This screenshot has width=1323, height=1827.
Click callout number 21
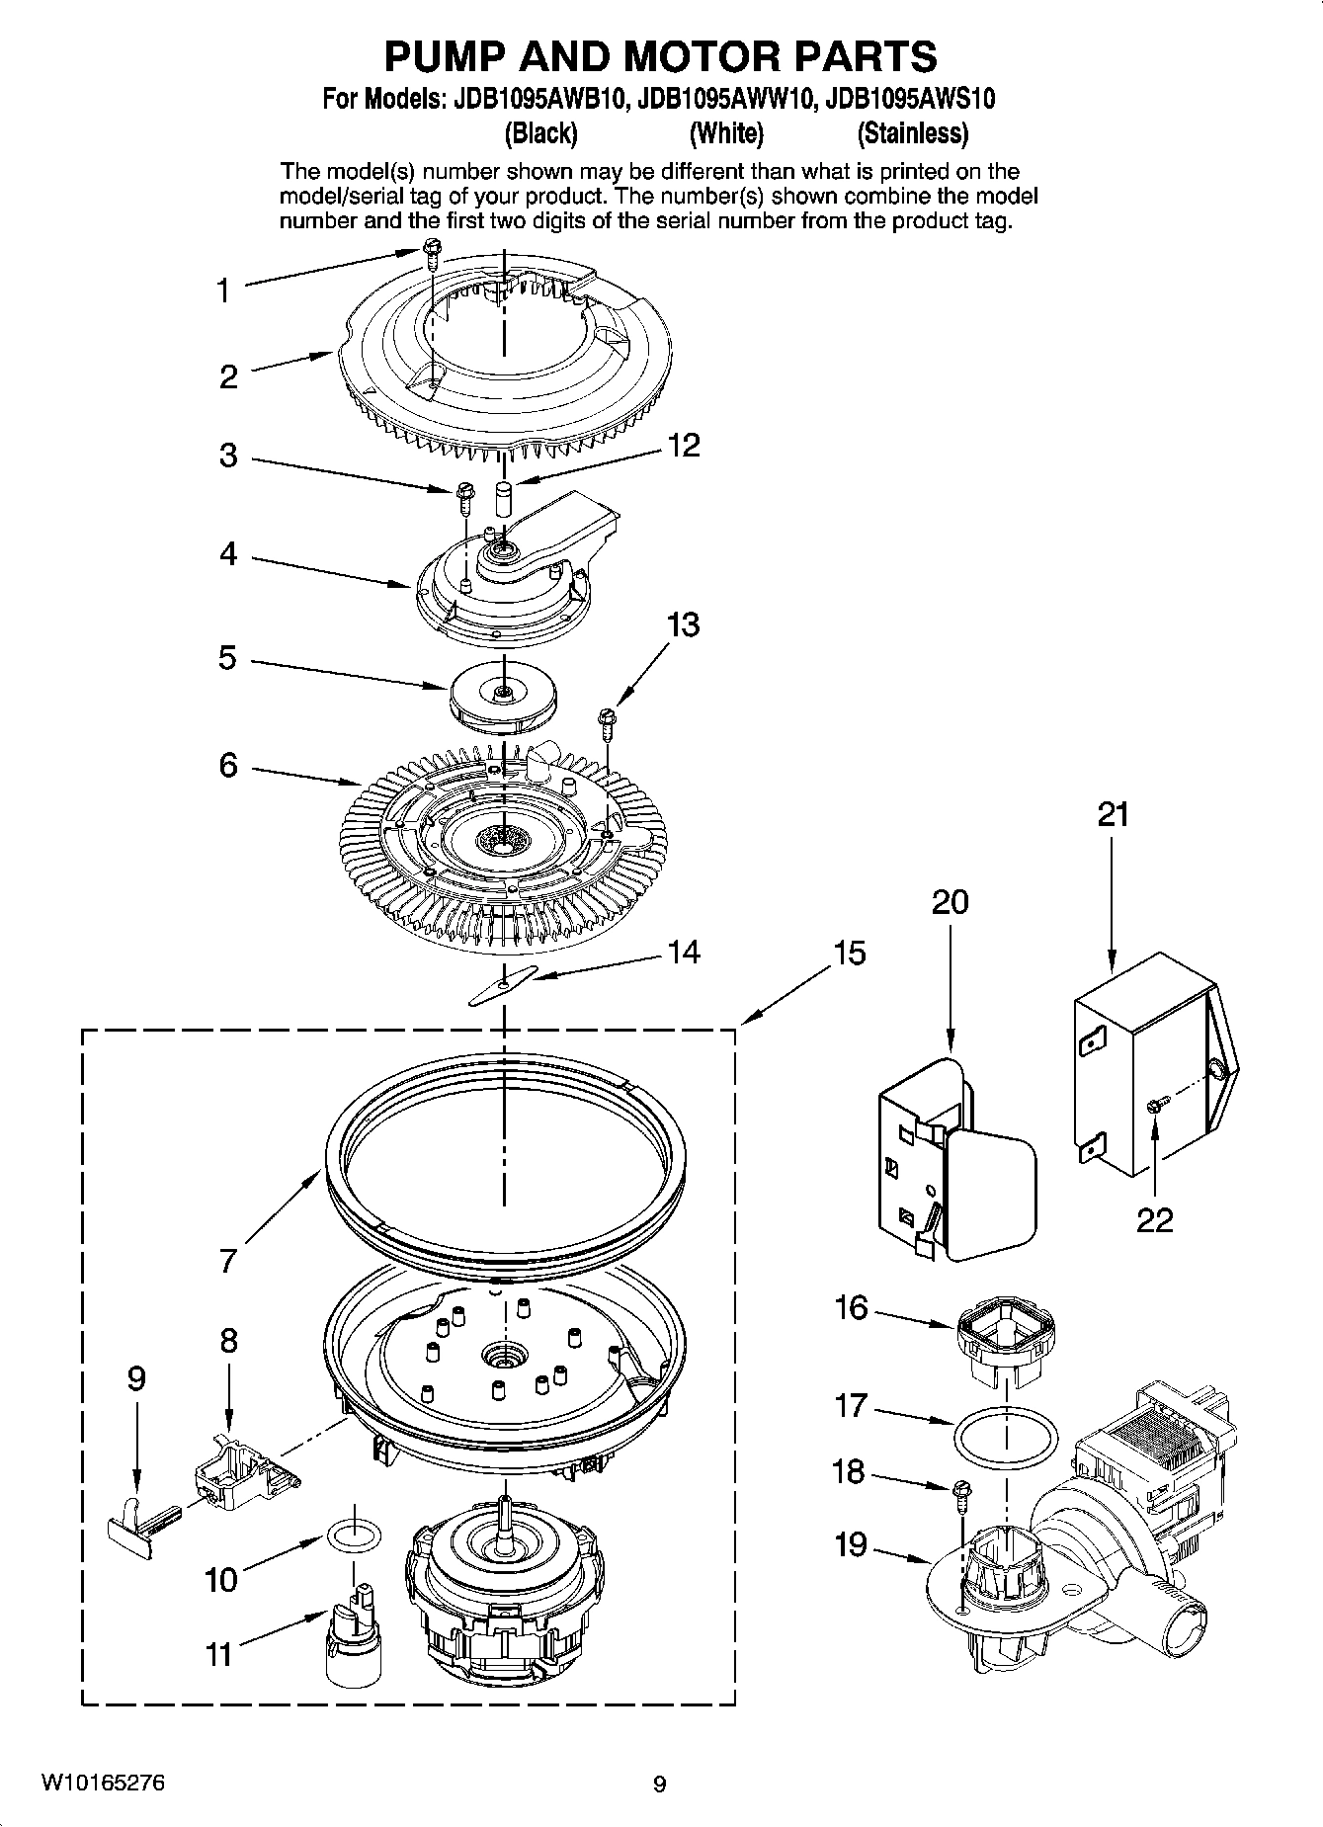click(x=1113, y=815)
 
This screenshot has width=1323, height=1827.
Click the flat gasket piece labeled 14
click(x=502, y=985)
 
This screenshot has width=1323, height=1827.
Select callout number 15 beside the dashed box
click(x=849, y=954)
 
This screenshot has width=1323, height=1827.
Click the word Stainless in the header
click(x=912, y=133)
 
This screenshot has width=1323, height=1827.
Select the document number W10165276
click(x=103, y=1783)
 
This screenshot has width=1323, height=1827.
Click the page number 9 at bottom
click(x=660, y=1784)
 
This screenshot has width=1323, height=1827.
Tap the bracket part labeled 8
click(x=240, y=1470)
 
